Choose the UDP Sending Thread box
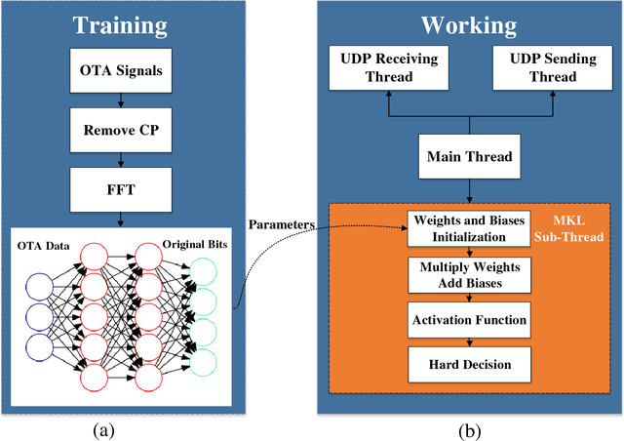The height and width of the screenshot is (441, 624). [545, 68]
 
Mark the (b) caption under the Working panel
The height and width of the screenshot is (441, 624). [470, 427]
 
